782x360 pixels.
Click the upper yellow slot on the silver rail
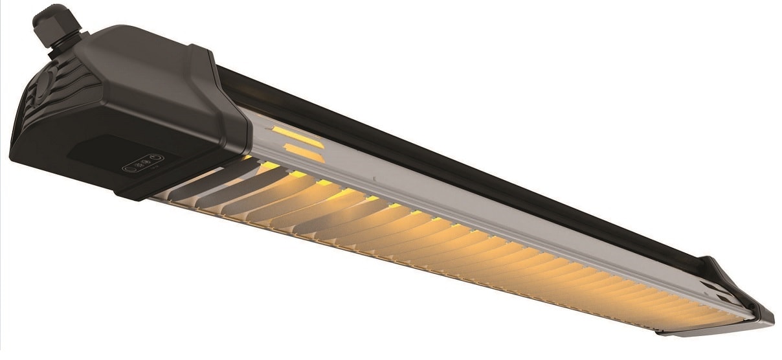[x=300, y=137]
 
